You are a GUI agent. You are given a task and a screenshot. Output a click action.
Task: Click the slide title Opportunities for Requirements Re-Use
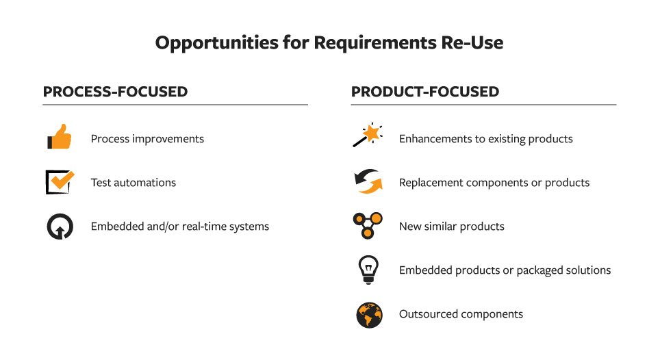[x=329, y=43]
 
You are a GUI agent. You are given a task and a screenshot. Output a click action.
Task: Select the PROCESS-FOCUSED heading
[x=115, y=92]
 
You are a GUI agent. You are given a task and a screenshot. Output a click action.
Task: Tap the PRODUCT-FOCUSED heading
[x=425, y=92]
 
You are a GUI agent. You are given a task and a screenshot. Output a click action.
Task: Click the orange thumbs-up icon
[x=60, y=137]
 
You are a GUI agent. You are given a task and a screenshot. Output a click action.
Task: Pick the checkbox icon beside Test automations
[x=60, y=181]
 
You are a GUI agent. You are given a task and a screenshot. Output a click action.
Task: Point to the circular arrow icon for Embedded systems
[x=60, y=227]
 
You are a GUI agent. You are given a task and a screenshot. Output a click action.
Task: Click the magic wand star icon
[x=368, y=135]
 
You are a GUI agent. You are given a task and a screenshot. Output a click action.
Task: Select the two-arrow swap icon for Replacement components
[x=368, y=181]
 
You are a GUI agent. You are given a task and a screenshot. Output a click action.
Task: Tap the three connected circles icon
[x=368, y=225]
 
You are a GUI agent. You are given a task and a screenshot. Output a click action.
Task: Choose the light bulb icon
[x=368, y=270]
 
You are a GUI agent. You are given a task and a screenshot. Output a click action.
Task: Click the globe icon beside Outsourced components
[x=369, y=315]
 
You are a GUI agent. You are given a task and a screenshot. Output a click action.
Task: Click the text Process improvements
[x=147, y=139]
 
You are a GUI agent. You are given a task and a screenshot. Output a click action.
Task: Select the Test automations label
[x=134, y=183]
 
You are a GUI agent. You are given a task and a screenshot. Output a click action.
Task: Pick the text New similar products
[x=452, y=227]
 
